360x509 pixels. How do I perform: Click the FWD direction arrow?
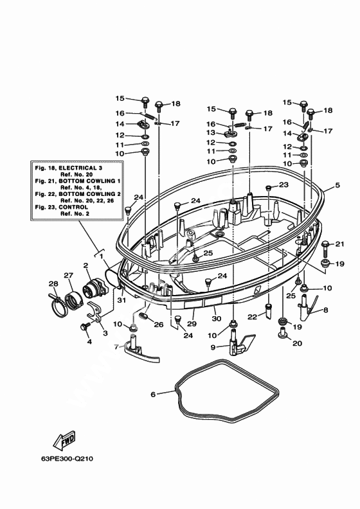tap(65, 440)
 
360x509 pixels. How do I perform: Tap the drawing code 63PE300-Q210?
tap(67, 459)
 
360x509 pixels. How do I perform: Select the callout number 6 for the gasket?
tap(153, 395)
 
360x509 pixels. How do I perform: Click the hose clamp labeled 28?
tap(59, 305)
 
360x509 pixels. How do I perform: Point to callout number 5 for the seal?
tap(337, 185)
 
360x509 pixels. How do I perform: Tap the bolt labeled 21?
tap(325, 247)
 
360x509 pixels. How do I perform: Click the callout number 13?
tap(211, 133)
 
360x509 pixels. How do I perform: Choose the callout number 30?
tap(217, 319)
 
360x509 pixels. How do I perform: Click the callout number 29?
tap(192, 324)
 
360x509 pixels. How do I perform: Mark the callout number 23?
tap(283, 184)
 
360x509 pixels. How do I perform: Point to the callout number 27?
tap(68, 276)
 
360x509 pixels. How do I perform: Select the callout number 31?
tap(122, 300)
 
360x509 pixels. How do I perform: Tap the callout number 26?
tap(159, 325)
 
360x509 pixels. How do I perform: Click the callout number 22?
tap(252, 317)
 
